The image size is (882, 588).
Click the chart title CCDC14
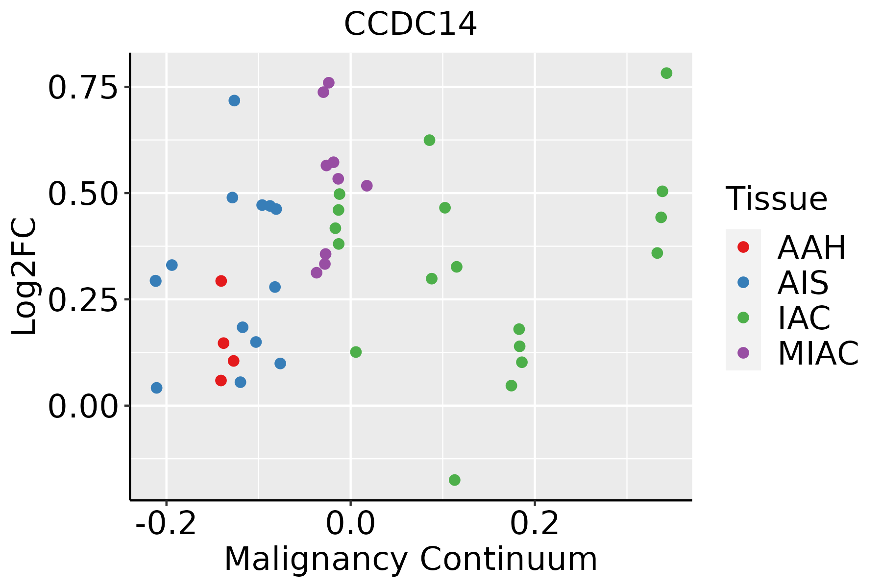410,24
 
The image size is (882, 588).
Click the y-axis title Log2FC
24,277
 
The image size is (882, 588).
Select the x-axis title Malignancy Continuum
411,559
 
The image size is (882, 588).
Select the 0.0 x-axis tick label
351,524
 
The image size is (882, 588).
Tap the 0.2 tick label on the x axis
535,524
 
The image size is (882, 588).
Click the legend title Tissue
777,199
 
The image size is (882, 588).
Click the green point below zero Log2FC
455,480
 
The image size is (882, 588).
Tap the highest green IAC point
666,73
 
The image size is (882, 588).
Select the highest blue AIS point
234,100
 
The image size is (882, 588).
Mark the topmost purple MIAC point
329,83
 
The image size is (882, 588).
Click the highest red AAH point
221,281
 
